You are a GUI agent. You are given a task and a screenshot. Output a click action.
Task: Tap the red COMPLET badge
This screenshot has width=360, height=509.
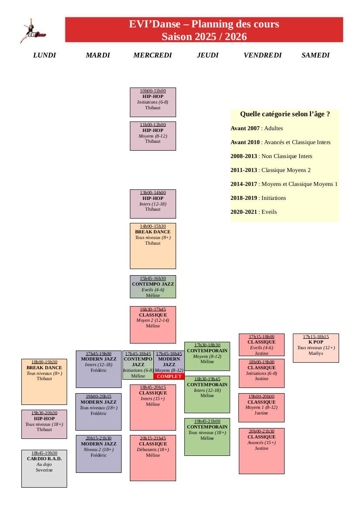pos(169,376)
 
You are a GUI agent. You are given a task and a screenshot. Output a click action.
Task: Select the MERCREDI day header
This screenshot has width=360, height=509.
pos(153,55)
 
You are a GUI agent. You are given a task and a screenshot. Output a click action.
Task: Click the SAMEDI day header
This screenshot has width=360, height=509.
pos(316,55)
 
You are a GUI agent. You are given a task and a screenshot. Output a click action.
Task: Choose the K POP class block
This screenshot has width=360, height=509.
pos(316,347)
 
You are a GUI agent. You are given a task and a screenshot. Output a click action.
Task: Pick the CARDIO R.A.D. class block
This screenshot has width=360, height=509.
pos(44,468)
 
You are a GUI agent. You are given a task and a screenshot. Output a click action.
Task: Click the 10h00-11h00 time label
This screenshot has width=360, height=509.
pos(153,91)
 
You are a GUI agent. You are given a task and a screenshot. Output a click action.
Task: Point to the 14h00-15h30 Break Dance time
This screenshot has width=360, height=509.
pos(153,226)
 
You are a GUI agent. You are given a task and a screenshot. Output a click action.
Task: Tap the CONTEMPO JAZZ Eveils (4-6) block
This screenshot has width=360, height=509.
pos(153,287)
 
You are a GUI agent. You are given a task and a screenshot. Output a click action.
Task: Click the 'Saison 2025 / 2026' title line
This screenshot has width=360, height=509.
pos(204,37)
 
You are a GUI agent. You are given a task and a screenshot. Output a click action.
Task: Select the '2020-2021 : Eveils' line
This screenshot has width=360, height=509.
pos(254,212)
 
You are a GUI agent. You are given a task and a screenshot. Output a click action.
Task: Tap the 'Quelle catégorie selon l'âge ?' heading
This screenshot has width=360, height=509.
pos(285,114)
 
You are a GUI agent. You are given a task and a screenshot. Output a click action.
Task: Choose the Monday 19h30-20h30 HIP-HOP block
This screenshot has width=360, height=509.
pos(44,424)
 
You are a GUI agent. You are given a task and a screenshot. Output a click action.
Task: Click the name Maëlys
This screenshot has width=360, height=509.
pos(316,354)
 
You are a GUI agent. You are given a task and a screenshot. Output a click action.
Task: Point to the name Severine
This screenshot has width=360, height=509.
pos(44,470)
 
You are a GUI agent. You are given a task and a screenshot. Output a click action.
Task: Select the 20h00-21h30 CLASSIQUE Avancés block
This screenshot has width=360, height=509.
pos(262,450)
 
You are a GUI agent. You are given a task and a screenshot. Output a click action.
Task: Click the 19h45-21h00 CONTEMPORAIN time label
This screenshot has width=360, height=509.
pos(207,421)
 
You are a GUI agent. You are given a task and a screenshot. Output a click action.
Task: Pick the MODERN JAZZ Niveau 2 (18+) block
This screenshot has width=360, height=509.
pos(98,453)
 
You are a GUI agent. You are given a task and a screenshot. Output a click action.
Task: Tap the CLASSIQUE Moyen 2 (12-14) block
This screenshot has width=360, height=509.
pos(153,324)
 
